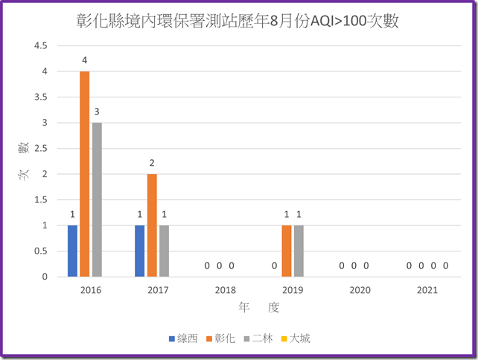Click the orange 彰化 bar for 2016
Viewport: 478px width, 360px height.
click(x=84, y=174)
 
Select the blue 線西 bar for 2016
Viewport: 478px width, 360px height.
click(x=72, y=251)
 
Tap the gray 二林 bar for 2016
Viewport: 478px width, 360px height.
click(x=96, y=200)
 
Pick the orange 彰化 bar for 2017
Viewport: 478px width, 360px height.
click(x=152, y=225)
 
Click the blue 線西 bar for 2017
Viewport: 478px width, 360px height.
click(x=140, y=251)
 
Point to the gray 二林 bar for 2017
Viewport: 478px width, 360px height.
click(x=164, y=251)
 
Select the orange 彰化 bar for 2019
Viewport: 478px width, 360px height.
click(x=287, y=251)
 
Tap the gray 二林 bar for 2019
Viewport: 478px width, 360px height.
click(x=299, y=251)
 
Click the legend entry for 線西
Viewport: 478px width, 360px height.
click(x=182, y=338)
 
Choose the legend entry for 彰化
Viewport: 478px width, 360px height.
click(x=220, y=338)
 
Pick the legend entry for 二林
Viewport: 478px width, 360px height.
click(x=257, y=338)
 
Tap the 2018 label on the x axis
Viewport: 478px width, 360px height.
click(x=226, y=290)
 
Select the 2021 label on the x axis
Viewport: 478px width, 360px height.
click(x=427, y=290)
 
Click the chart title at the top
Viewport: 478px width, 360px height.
click(x=238, y=21)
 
